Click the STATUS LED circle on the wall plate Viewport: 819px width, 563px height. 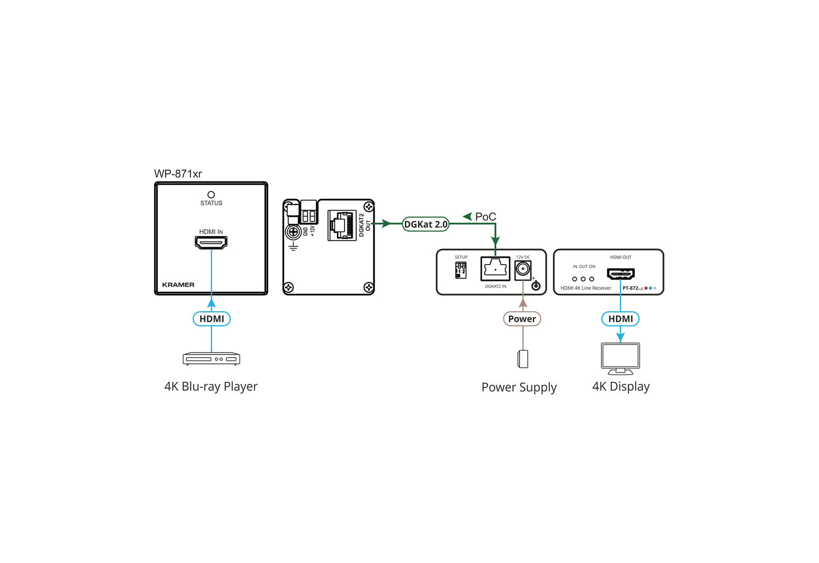(x=211, y=194)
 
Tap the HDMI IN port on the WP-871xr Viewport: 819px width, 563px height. (x=211, y=243)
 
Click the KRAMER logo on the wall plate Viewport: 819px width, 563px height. (x=178, y=285)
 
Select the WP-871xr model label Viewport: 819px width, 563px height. (x=178, y=174)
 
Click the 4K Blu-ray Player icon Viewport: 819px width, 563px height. (x=211, y=358)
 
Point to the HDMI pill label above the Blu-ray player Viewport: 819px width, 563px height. (x=211, y=319)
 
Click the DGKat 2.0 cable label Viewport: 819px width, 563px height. (x=425, y=224)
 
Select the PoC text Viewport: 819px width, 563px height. (x=485, y=217)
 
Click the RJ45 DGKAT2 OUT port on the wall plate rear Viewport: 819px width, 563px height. (x=342, y=225)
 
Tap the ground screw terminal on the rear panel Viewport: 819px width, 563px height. (x=293, y=233)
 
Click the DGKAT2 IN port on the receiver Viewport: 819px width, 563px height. (x=495, y=269)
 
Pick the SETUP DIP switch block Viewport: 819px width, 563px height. (x=461, y=270)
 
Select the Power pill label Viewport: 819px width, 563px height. (x=522, y=319)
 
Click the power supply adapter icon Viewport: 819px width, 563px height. (x=523, y=359)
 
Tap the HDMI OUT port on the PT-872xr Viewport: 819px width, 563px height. (x=620, y=274)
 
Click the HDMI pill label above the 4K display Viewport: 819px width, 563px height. (x=620, y=319)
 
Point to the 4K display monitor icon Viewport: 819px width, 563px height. (x=620, y=358)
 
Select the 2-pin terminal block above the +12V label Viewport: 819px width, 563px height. (x=309, y=215)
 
